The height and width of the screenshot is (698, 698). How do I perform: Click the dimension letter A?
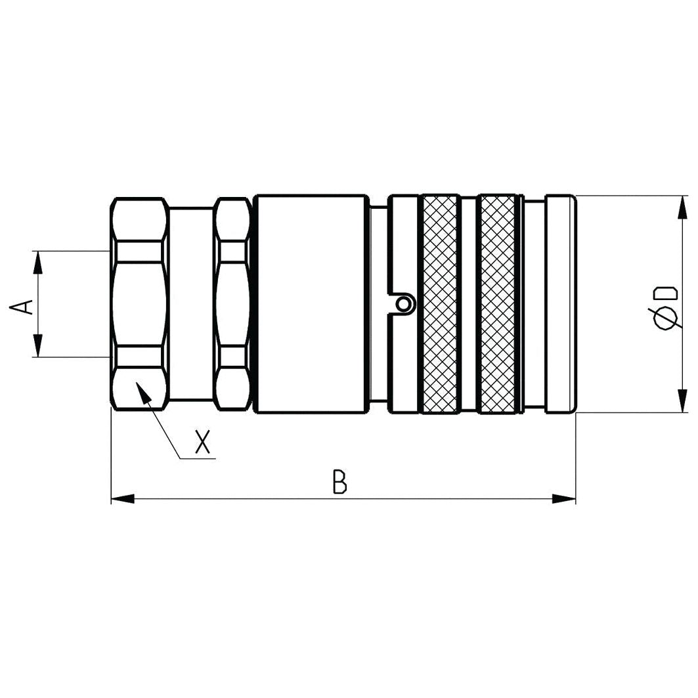click(24, 305)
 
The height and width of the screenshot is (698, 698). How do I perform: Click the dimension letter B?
click(339, 482)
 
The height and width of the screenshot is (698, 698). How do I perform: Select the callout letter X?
click(203, 443)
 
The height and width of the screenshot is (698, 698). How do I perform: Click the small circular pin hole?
click(404, 303)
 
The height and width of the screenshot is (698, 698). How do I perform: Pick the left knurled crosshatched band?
click(440, 304)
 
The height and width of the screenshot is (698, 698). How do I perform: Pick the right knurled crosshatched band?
click(498, 304)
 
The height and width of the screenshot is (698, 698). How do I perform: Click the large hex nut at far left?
click(139, 304)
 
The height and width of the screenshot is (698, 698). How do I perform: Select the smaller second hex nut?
click(232, 304)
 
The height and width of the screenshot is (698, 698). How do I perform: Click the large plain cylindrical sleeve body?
click(311, 304)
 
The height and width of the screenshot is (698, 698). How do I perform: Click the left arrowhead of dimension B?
click(122, 499)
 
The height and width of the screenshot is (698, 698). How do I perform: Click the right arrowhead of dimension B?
click(564, 499)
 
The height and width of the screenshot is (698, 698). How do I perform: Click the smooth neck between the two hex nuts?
click(191, 304)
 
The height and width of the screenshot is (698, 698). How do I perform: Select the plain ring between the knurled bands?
click(468, 304)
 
